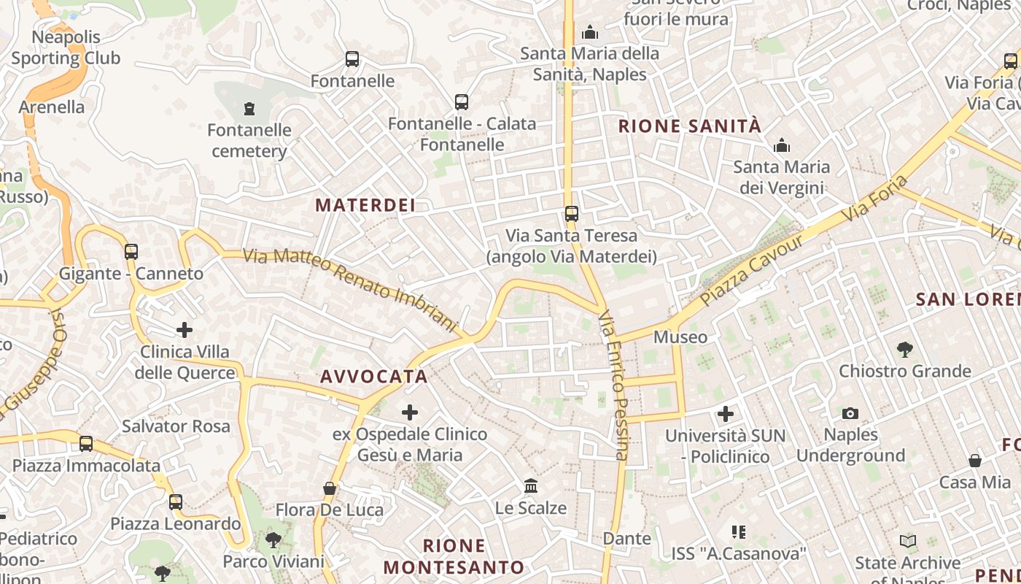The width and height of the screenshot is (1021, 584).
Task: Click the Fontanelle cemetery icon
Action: [x=249, y=109]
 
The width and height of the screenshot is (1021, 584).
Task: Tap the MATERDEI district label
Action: [x=365, y=205]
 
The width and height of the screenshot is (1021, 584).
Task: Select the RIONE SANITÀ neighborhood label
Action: [x=690, y=126]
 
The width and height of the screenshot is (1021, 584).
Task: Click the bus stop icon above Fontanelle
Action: [x=352, y=59]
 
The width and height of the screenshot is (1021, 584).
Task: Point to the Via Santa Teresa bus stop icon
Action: [x=572, y=214]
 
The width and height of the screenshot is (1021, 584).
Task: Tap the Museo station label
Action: [x=680, y=337]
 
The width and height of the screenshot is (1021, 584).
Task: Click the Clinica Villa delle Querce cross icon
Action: [x=185, y=330]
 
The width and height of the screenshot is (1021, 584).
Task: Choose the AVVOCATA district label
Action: [x=374, y=377]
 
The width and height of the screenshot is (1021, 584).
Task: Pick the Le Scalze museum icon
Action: [x=531, y=486]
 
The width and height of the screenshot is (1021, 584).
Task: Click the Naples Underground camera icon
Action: [x=850, y=414]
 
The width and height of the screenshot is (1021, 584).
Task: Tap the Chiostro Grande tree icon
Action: [x=905, y=350]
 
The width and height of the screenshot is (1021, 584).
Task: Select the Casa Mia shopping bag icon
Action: [x=975, y=461]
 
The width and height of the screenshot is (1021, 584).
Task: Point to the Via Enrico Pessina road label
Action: [x=615, y=385]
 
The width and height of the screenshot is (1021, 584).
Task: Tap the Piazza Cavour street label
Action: [x=751, y=269]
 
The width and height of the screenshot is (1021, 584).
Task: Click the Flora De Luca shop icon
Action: [x=330, y=488]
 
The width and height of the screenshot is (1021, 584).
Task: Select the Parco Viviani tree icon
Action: [x=273, y=540]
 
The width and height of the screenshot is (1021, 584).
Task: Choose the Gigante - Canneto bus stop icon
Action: [x=131, y=252]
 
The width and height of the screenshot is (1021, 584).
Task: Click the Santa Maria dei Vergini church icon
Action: [x=782, y=145]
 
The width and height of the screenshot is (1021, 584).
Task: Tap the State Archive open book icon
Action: [x=908, y=542]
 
